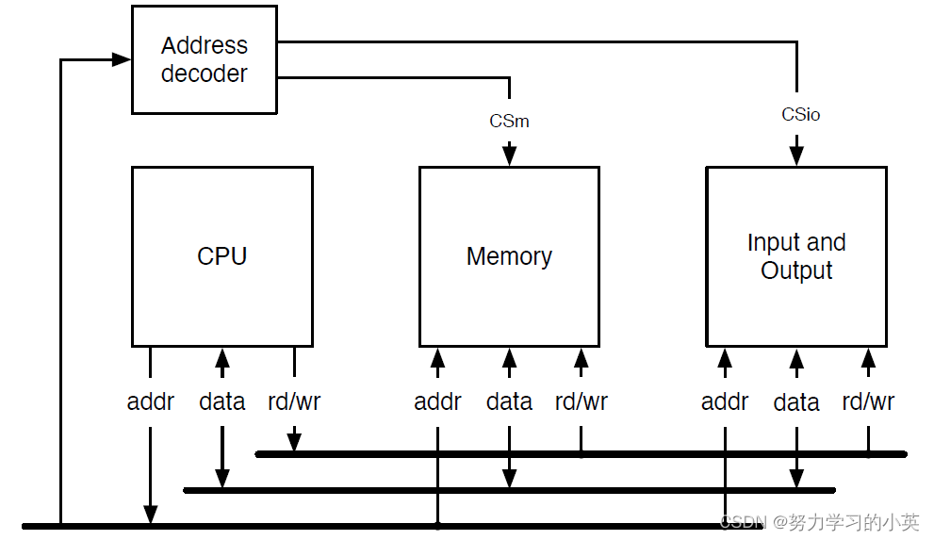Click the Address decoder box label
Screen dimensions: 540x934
pyautogui.click(x=204, y=59)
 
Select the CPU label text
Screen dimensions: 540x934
pyautogui.click(x=222, y=256)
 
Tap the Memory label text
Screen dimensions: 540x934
pyautogui.click(x=509, y=256)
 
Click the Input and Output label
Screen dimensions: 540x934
pyautogui.click(x=796, y=256)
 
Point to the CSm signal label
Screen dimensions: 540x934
pyautogui.click(x=509, y=121)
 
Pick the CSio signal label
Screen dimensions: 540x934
pyautogui.click(x=800, y=114)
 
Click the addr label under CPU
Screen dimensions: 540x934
pyautogui.click(x=151, y=401)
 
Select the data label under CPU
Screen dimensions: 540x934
pyautogui.click(x=222, y=401)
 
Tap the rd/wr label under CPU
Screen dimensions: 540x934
pyautogui.click(x=294, y=401)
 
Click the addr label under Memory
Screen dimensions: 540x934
pyautogui.click(x=437, y=401)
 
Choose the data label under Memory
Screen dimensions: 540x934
pyautogui.click(x=509, y=401)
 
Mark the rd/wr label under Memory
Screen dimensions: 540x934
pyautogui.click(x=581, y=401)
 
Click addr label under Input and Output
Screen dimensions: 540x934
pyautogui.click(x=725, y=401)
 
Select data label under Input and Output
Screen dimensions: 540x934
pyautogui.click(x=796, y=402)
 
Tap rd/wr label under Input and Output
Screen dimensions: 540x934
pyautogui.click(x=868, y=401)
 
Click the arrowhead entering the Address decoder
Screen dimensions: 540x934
pyautogui.click(x=122, y=59)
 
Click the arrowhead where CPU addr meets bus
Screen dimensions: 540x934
pyautogui.click(x=151, y=515)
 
